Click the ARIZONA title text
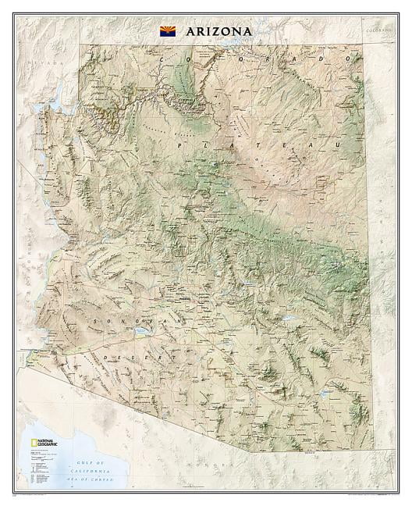(218, 31)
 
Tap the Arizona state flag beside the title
(168, 31)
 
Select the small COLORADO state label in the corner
(378, 29)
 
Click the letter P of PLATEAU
(180, 145)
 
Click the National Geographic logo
(44, 444)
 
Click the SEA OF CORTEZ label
(104, 476)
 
